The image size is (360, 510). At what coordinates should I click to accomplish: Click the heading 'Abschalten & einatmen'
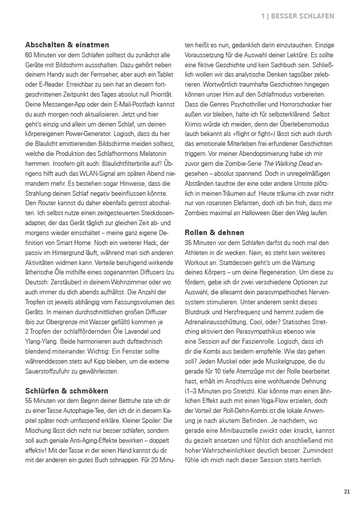[x=67, y=45]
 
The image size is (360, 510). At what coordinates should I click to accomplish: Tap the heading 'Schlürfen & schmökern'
[x=67, y=391]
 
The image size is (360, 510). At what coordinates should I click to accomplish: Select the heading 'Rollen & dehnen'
[x=215, y=233]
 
